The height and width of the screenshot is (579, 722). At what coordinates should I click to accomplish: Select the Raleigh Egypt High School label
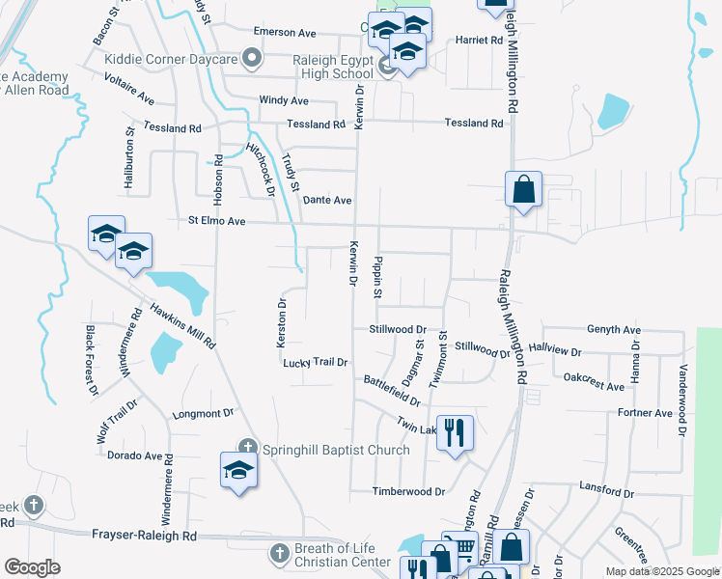click(319, 67)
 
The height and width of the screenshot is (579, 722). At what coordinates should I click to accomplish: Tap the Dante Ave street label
click(327, 200)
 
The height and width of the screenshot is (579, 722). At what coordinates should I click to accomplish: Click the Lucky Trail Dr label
click(315, 362)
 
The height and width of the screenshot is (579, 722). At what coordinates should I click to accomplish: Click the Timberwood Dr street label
click(409, 491)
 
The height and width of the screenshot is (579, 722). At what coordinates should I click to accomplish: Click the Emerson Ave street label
click(285, 31)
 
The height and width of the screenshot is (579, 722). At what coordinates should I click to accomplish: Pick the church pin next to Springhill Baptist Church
click(248, 447)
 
